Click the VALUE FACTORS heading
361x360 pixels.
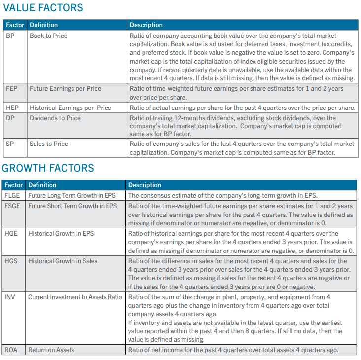tap(43, 8)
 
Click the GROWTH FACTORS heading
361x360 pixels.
tap(48, 168)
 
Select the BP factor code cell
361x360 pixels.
tap(10, 36)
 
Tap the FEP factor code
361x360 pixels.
tap(12, 89)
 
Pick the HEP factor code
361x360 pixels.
tap(12, 108)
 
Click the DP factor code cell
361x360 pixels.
tap(10, 118)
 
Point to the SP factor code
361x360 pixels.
tap(10, 144)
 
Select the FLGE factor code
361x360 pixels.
tap(12, 195)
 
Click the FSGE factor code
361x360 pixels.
tap(12, 206)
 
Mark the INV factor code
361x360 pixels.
tap(9, 297)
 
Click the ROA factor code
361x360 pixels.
tap(11, 350)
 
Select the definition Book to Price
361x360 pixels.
tap(48, 36)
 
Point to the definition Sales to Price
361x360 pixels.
tap(49, 144)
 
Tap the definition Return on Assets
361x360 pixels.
tap(51, 350)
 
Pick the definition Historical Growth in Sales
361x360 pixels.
tap(63, 261)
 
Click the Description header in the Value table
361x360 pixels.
tap(146, 25)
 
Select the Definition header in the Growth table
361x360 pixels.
tap(42, 185)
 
